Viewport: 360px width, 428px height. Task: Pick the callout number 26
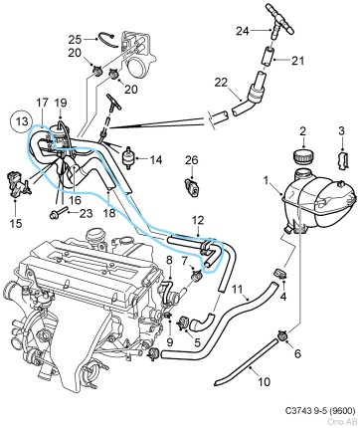[192, 158]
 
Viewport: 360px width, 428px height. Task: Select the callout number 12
[197, 220]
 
